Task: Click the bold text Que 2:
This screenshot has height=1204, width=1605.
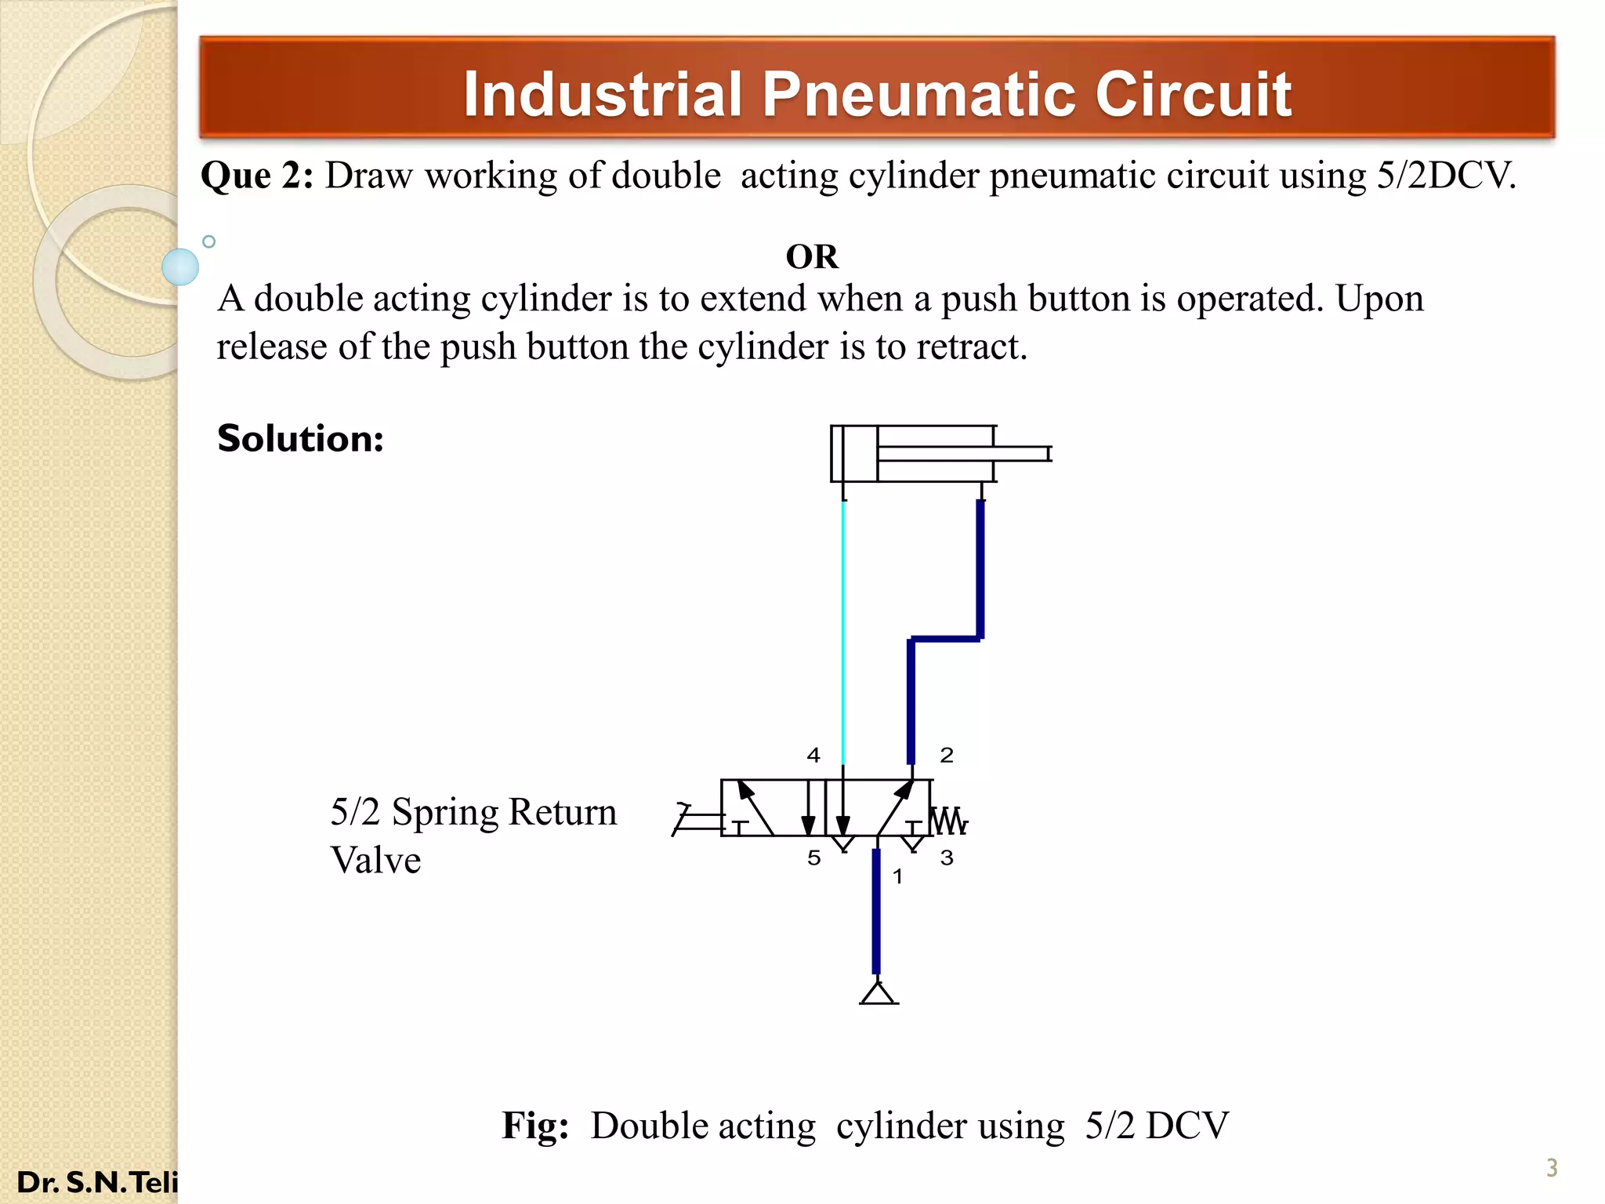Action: (257, 176)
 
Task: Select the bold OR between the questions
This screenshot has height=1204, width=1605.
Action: (812, 257)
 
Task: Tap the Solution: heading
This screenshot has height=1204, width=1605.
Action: (300, 438)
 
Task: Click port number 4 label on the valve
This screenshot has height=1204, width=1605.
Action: (813, 756)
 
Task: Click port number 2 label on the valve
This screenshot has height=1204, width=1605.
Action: (947, 756)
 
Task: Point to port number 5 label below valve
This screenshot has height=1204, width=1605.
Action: (814, 858)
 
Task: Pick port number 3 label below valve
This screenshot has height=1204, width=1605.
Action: (947, 858)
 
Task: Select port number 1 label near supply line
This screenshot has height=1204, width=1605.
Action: (898, 877)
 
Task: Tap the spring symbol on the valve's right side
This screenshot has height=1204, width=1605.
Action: (949, 821)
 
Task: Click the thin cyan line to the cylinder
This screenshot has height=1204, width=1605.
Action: (843, 627)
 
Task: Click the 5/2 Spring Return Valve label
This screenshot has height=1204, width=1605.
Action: (473, 836)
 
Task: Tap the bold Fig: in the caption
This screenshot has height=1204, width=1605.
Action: (535, 1126)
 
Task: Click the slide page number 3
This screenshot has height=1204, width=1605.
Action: (1552, 1168)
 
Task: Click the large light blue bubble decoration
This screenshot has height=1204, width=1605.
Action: (180, 267)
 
